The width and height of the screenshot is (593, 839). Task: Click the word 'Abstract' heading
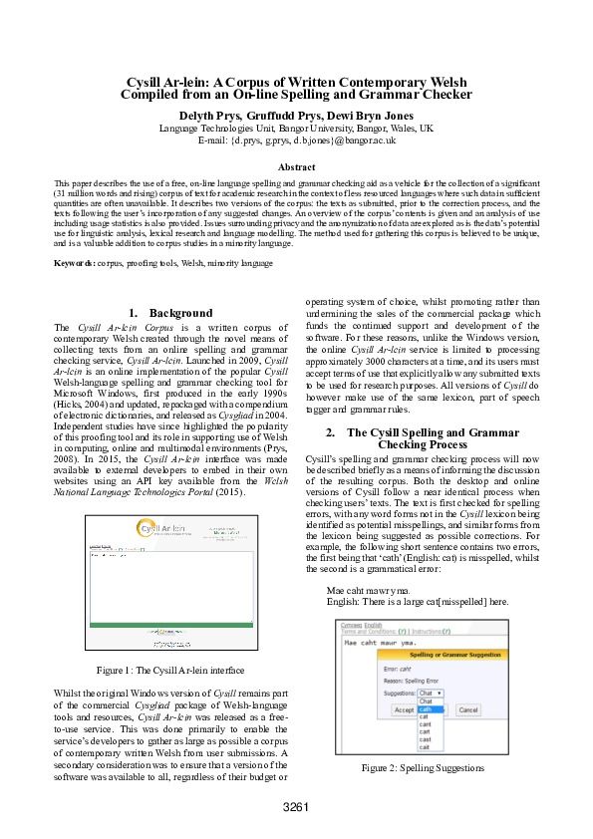[x=296, y=167]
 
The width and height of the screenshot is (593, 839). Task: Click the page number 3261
[x=296, y=806]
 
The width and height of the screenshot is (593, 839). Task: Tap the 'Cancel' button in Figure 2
[x=466, y=710]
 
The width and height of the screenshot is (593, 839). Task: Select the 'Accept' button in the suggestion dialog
[x=404, y=710]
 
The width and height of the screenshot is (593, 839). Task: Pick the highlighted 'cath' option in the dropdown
[x=426, y=708]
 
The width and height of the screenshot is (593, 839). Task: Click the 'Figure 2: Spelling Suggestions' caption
[x=423, y=768]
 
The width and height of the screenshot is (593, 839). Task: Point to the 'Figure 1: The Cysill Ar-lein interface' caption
[x=169, y=671]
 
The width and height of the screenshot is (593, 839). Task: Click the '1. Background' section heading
[x=170, y=313]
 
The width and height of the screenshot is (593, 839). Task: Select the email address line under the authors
[x=296, y=140]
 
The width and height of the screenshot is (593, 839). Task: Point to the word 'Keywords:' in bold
[x=75, y=263]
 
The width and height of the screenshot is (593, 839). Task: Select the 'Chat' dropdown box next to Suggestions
[x=430, y=693]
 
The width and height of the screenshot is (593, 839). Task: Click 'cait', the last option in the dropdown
[x=425, y=746]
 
